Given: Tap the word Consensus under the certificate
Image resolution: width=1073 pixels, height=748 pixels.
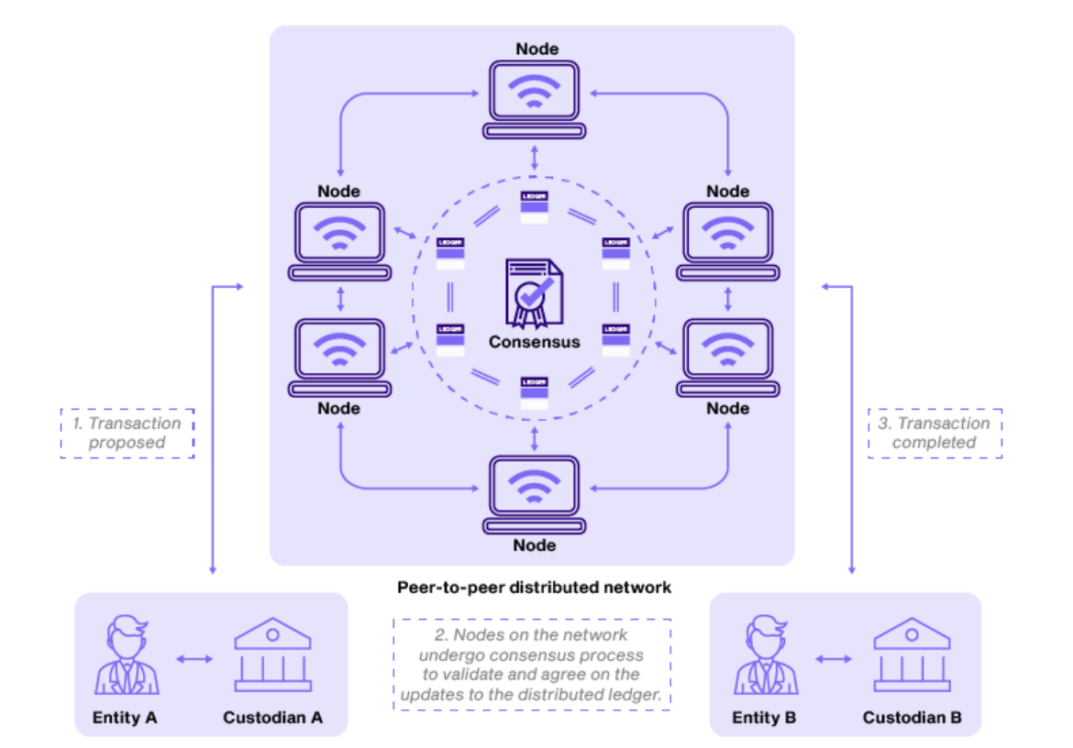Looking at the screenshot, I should pos(534,342).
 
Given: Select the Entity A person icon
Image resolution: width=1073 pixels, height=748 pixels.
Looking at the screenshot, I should pos(127,656).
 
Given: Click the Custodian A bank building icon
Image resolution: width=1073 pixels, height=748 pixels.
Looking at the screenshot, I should pos(272,656).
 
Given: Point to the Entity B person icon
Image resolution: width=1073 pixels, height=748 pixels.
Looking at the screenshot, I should pos(766,656).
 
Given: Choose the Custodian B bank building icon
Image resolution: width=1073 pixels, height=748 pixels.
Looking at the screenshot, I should pos(912,656).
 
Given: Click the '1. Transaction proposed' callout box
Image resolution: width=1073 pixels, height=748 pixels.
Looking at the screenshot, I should pos(127,433).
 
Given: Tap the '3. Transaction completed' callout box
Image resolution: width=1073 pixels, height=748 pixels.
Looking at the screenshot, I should pos(935,433).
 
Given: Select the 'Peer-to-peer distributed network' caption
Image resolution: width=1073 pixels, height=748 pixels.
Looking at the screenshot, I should pos(534,587).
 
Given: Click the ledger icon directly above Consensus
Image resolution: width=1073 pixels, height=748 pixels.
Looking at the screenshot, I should pos(534,207).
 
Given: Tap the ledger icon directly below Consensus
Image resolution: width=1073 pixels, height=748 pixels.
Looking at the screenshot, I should pos(534,392).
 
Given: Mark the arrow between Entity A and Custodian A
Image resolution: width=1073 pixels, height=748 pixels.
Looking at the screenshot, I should pos(194,659).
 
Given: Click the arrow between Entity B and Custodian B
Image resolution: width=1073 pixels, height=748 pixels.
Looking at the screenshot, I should pos(834,659).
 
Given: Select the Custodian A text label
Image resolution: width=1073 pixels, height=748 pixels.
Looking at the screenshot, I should pos(272,718).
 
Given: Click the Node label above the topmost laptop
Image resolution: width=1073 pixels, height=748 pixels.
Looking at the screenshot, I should pos(536,49).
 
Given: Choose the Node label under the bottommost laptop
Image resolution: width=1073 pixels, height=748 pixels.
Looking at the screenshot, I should pos(535,545).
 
